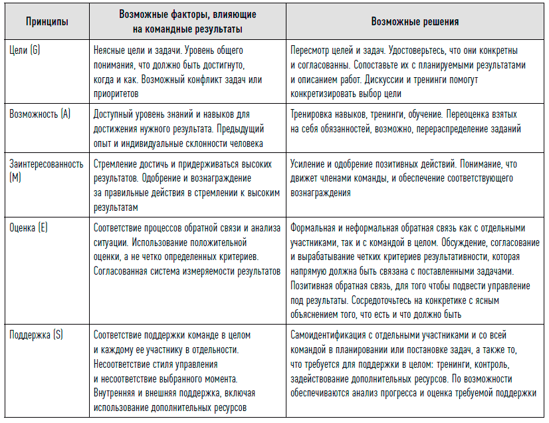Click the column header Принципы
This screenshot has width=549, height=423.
47,22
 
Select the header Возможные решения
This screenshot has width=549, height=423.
415,22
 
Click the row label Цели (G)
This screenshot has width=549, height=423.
25,51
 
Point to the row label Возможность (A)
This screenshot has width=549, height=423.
40,114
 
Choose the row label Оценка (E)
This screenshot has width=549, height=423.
29,227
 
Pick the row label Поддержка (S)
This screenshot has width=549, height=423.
36,335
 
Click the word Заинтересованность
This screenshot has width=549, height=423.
46,164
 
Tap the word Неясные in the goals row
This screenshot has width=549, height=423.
110,51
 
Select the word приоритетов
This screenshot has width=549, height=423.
118,94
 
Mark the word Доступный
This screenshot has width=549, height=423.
114,114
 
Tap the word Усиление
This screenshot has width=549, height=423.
309,164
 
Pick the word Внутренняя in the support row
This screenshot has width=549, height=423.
117,393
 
